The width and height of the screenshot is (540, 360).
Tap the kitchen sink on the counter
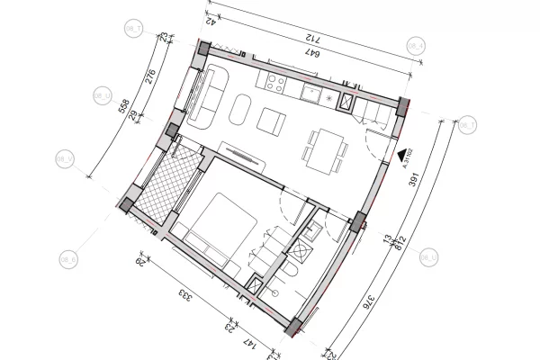tap(311, 93)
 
